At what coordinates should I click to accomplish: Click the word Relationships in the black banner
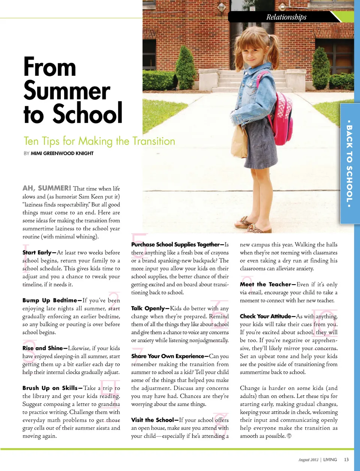pos(286,17)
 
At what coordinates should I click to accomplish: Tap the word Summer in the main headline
pos(67,90)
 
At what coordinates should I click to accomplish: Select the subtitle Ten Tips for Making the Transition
pos(99,141)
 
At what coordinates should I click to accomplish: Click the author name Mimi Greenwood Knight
pos(62,153)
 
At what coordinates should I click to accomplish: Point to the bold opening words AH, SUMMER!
pos(47,188)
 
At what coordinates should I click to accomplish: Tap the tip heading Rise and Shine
pos(43,348)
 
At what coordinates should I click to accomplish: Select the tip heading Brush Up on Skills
pos(50,388)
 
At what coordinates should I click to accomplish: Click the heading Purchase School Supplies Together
pos(175,244)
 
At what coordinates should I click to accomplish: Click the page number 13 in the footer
pos(346,459)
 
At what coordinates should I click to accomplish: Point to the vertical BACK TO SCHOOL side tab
pos(349,164)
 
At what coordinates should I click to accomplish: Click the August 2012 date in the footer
pos(308,460)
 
